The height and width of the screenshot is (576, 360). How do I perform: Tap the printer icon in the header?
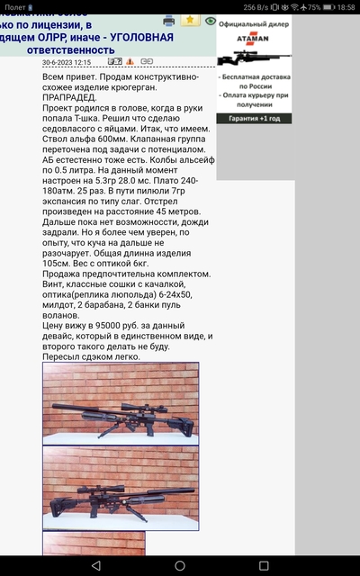pos(168,20)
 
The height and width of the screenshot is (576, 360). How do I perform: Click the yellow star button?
pos(191,20)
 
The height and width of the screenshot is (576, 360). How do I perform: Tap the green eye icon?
pos(211,20)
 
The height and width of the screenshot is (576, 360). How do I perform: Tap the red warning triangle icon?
pos(130,63)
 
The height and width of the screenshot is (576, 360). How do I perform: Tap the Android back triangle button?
pos(95,565)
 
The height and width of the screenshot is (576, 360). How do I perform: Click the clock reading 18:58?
pos(344,6)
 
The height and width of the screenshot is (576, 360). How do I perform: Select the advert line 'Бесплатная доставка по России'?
pos(255,83)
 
